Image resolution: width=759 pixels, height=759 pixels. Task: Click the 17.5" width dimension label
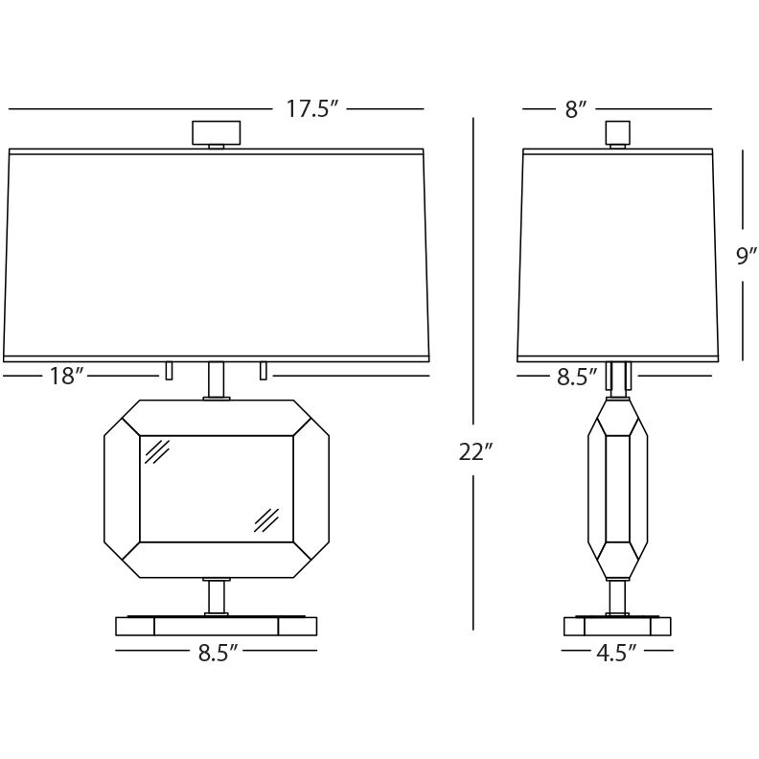311,109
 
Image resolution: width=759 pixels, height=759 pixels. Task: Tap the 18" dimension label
67,376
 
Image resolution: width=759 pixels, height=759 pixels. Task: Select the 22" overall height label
475,452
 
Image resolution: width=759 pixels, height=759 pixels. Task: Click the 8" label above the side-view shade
576,109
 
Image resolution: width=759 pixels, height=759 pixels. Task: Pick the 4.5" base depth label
615,653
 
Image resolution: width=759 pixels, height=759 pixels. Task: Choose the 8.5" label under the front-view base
218,653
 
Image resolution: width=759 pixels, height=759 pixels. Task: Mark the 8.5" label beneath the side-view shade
577,377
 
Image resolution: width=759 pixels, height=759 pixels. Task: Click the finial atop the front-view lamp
217,134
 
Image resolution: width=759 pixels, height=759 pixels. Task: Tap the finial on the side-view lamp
618,134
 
